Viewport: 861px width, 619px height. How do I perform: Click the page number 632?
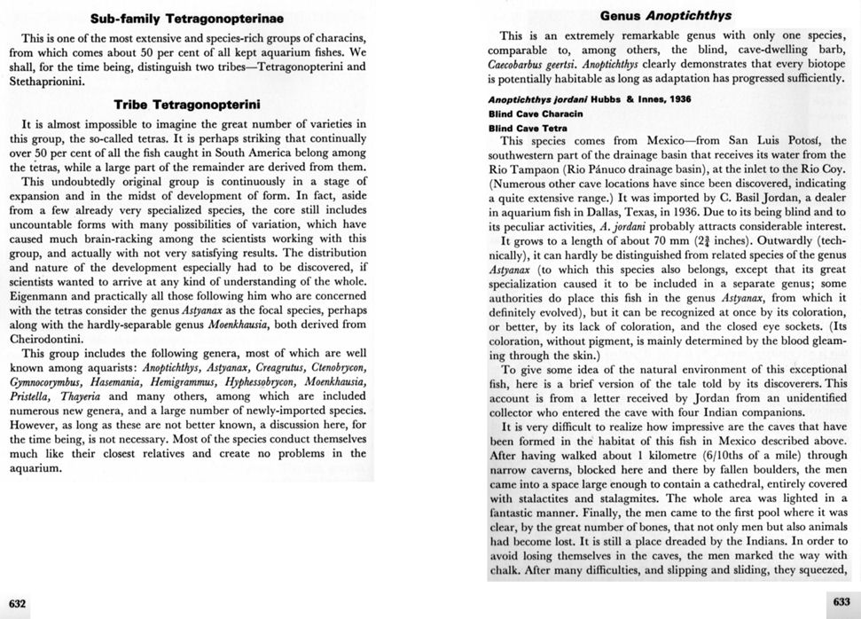(18, 604)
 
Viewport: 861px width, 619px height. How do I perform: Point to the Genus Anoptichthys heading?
(670, 16)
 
